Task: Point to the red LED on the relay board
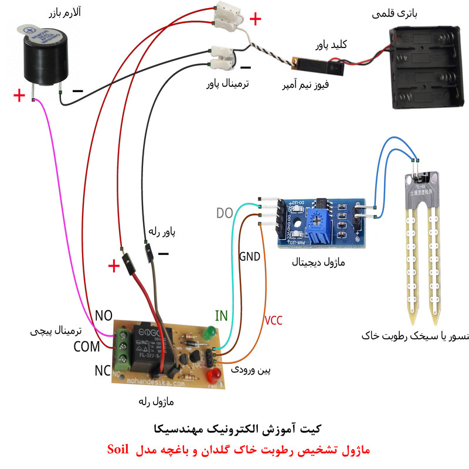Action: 216,373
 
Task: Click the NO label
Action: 103,316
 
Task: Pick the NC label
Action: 103,371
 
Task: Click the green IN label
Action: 221,316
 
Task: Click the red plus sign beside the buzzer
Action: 20,96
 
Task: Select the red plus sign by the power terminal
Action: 256,19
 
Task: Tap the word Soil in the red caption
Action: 122,450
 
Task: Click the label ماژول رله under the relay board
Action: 155,402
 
